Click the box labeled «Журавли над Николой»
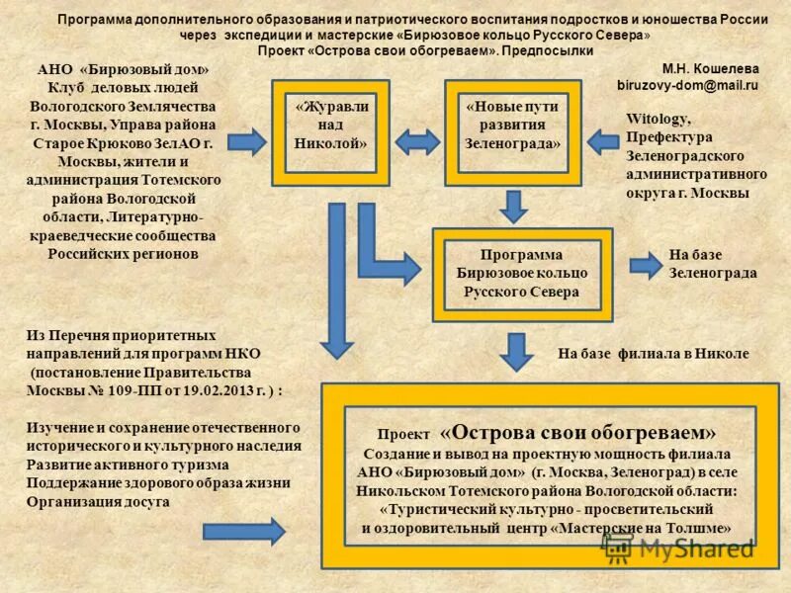[330, 132]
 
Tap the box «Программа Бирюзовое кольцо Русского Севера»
[521, 274]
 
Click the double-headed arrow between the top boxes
[417, 141]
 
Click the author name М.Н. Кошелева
[710, 69]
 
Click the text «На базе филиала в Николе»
[654, 353]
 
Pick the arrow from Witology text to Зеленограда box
[604, 141]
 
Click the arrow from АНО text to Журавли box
[246, 141]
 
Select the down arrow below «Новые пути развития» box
[512, 207]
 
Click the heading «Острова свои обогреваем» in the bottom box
[578, 432]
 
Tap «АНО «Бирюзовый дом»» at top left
[123, 71]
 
